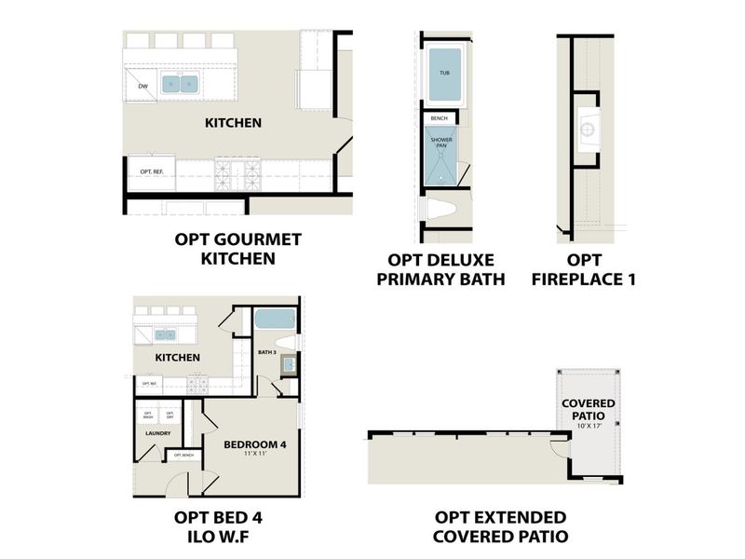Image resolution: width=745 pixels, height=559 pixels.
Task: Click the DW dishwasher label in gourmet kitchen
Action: click(142, 87)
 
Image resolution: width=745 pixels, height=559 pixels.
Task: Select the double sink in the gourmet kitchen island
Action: click(182, 84)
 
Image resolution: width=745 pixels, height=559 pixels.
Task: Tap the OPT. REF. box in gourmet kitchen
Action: click(152, 172)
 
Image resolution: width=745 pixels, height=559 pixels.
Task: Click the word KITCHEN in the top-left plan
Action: click(233, 122)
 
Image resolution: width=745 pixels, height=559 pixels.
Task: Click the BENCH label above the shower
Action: click(440, 118)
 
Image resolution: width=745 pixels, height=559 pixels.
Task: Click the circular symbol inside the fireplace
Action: click(589, 130)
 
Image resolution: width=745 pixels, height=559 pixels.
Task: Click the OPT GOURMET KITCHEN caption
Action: click(238, 249)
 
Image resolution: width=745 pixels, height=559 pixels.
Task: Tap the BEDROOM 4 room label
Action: click(254, 444)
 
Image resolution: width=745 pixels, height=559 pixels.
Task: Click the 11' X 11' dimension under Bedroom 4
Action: click(254, 455)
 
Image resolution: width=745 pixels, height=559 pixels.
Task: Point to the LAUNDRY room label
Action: click(156, 433)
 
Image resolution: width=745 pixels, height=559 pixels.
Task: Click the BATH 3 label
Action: click(268, 352)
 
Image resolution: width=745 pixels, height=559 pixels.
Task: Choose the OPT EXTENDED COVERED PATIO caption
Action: click(500, 526)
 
